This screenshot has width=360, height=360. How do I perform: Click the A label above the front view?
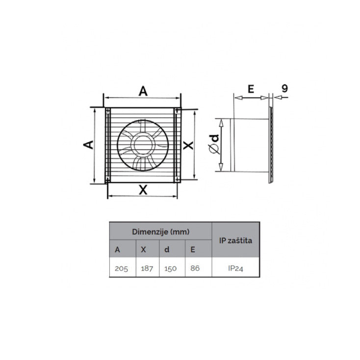pos(143,91)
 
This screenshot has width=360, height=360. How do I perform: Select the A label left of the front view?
pos(88,145)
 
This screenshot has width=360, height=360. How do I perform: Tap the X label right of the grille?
pos(187,145)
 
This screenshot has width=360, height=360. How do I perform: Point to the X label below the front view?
pos(143,190)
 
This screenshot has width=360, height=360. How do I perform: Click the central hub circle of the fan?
pos(142,146)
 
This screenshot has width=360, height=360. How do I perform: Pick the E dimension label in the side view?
pos(251,89)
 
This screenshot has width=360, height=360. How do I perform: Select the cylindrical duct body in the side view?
pos(250,145)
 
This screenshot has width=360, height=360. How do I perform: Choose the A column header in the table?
pos(117,249)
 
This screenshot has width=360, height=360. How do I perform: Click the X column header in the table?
pos(143,249)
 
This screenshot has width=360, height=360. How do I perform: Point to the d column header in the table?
pos(167,249)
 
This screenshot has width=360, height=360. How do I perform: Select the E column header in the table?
pos(192,249)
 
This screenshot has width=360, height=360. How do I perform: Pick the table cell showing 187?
pos(146,268)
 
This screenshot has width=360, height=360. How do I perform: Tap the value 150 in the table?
pos(172,268)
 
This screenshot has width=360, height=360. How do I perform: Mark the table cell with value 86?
pos(195,268)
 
